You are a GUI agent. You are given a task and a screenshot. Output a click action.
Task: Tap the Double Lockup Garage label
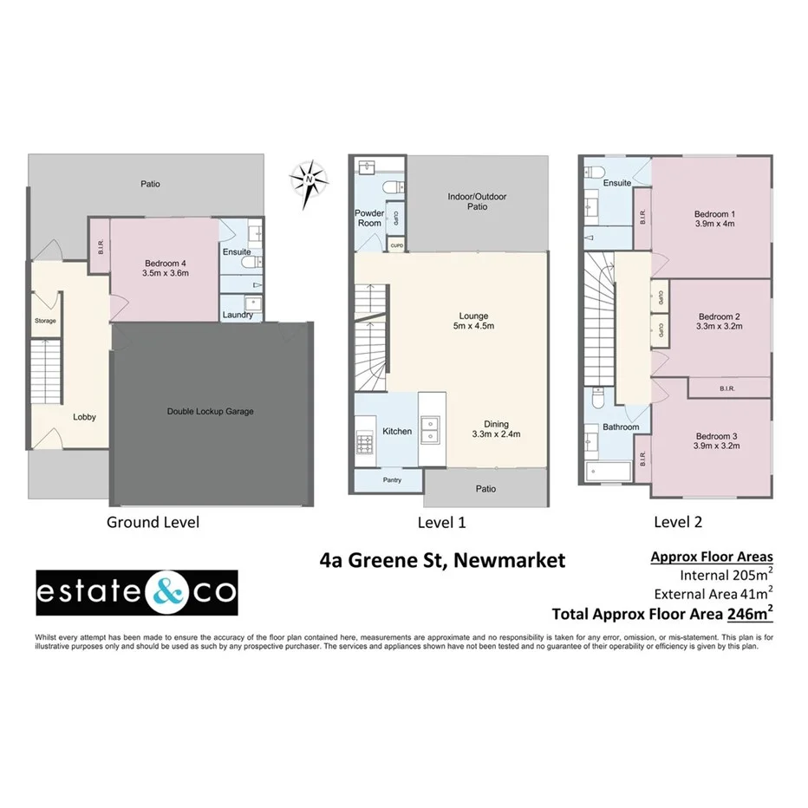coord(210,411)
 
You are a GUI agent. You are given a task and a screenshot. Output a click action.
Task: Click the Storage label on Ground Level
coord(45,321)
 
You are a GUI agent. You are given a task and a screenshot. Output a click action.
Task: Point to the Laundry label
coord(237,315)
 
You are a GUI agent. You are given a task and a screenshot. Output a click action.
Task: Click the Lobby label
coord(84,417)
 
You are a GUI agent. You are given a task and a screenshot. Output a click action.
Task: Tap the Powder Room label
coord(369,218)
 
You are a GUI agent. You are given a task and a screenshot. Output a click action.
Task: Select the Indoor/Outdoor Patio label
coord(477,201)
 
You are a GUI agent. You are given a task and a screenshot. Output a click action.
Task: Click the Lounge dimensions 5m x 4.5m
coord(474,326)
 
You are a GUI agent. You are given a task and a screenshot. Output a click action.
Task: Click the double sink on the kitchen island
coord(431,429)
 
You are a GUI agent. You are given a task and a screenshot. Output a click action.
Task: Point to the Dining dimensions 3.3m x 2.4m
coord(495,434)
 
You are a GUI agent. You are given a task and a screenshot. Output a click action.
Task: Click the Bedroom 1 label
coord(714,214)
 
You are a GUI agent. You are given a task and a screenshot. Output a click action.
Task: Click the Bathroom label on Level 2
coord(621,427)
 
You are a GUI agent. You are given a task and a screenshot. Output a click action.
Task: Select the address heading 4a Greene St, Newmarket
coord(442,560)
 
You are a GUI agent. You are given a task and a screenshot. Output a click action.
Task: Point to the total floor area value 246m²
coord(749,614)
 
